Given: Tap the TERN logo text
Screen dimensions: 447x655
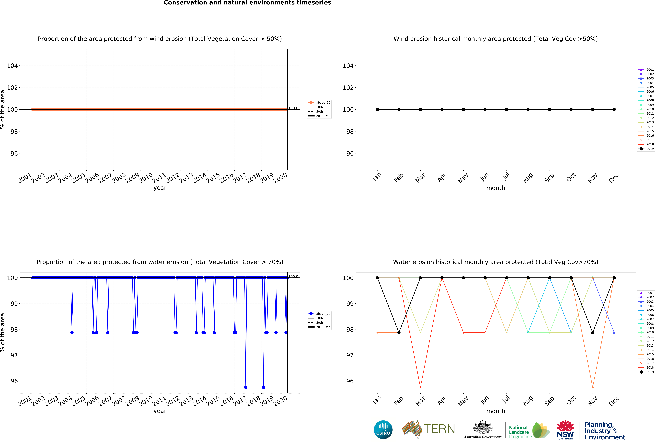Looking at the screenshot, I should coord(439,429).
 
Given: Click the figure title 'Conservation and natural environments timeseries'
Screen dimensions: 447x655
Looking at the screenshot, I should coord(247,3).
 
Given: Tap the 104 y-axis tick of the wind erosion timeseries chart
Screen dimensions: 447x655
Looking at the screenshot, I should coord(12,66).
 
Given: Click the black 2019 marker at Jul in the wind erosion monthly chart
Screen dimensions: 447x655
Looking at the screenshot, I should coord(507,109).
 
